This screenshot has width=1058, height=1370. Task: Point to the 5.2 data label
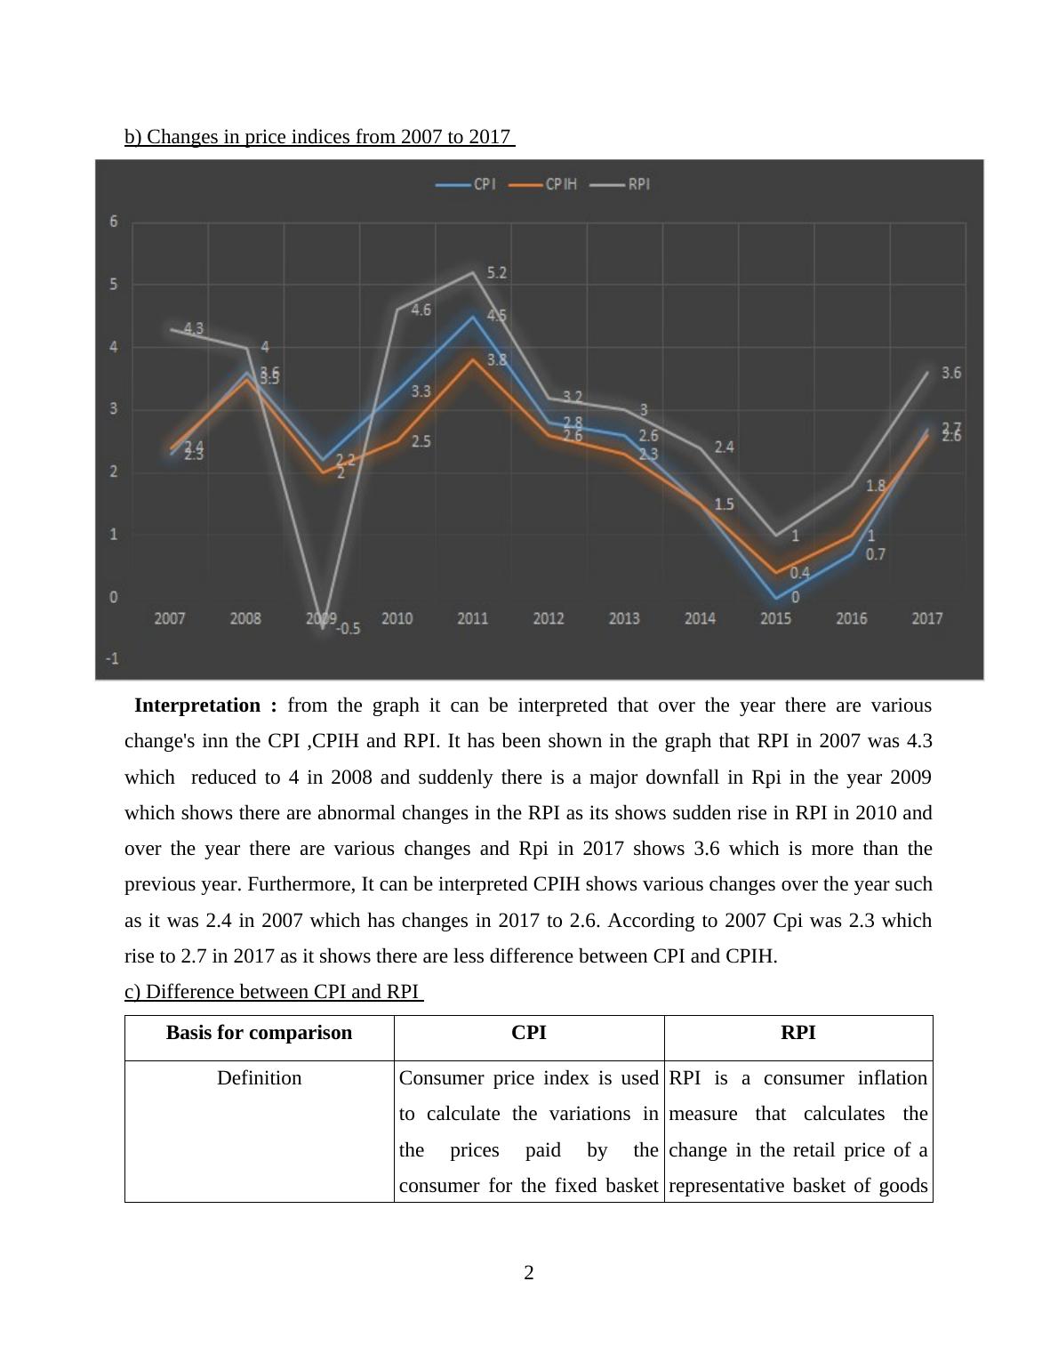click(x=497, y=272)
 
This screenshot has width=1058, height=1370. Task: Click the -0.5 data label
click(x=348, y=629)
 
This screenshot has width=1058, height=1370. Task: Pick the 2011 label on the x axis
click(x=472, y=618)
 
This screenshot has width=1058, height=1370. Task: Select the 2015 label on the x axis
click(x=775, y=618)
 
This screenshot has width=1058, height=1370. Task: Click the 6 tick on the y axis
click(x=114, y=222)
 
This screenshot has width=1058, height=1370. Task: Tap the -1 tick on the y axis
click(x=113, y=659)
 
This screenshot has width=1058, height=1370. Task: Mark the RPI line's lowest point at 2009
click(x=323, y=627)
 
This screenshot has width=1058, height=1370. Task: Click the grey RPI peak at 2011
click(x=472, y=272)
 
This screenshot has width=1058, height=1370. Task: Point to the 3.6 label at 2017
click(x=951, y=373)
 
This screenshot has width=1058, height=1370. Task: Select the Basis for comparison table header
click(x=259, y=1033)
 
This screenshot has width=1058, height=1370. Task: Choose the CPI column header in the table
click(x=529, y=1033)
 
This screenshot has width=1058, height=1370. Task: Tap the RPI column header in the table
click(x=798, y=1033)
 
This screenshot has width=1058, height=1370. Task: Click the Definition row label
click(x=259, y=1078)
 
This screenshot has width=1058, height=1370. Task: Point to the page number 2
click(x=529, y=1273)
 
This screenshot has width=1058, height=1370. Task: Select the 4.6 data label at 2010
click(x=421, y=310)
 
